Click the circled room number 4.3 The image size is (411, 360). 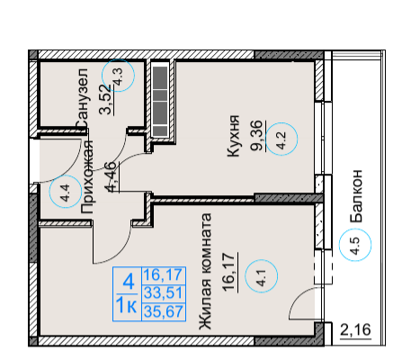point(118,76)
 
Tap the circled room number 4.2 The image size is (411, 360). point(281,139)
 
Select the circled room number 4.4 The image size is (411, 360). point(66,192)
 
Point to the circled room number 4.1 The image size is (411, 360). point(262,276)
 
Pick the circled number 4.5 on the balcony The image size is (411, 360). point(355,245)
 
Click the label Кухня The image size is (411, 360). point(234,136)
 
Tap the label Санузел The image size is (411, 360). point(82,99)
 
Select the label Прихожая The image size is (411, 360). point(88,177)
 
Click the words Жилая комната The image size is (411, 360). point(206,272)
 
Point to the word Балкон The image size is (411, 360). point(356,196)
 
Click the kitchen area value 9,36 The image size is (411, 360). point(256,136)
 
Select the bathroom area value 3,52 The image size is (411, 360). point(106,100)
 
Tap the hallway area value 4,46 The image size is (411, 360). point(112,176)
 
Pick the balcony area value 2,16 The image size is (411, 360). point(355,330)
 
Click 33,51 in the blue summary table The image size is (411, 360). point(164,292)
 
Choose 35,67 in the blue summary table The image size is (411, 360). point(164,311)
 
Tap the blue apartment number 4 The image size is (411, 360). point(128,282)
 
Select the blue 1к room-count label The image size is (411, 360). point(126,306)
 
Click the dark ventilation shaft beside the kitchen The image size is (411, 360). point(160,101)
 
